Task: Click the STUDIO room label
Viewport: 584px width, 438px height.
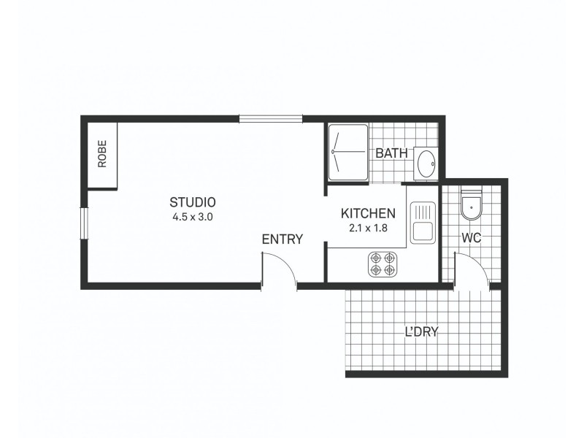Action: click(x=193, y=202)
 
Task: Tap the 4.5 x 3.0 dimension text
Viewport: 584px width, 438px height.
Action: click(x=193, y=217)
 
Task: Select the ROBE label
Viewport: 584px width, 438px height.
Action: click(x=102, y=154)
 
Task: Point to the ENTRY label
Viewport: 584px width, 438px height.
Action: click(x=282, y=239)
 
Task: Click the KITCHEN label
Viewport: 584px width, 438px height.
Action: click(x=368, y=214)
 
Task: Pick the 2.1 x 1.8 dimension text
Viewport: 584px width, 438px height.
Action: click(x=368, y=228)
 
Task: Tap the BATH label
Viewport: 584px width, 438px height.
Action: click(x=391, y=154)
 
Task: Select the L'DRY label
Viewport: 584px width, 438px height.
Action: click(x=421, y=332)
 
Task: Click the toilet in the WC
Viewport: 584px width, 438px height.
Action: click(x=472, y=207)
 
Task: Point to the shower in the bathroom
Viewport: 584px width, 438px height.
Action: click(x=348, y=152)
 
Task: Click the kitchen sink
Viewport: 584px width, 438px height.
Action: click(x=422, y=222)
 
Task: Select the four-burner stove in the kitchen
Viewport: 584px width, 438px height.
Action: click(x=383, y=264)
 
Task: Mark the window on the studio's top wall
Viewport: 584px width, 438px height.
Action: click(x=270, y=118)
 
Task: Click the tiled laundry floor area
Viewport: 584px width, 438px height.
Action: click(x=387, y=350)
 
